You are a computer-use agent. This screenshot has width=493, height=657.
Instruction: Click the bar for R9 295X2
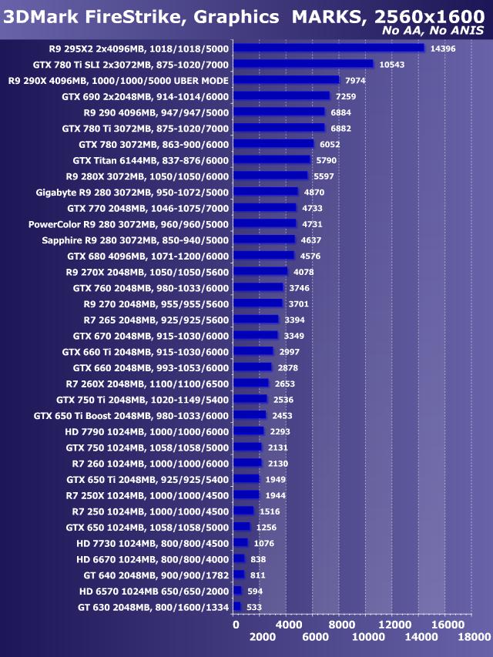click(328, 48)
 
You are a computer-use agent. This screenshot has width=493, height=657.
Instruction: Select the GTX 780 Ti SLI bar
click(303, 64)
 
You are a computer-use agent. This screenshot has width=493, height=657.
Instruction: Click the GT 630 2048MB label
click(153, 607)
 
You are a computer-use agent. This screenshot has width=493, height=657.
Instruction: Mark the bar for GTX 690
click(281, 96)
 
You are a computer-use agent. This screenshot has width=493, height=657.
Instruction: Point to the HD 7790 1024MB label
click(146, 431)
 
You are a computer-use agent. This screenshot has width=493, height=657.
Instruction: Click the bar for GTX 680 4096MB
click(263, 256)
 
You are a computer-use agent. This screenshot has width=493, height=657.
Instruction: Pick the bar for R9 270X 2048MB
click(260, 272)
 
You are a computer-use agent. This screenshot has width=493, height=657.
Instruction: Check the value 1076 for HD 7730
click(264, 543)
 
